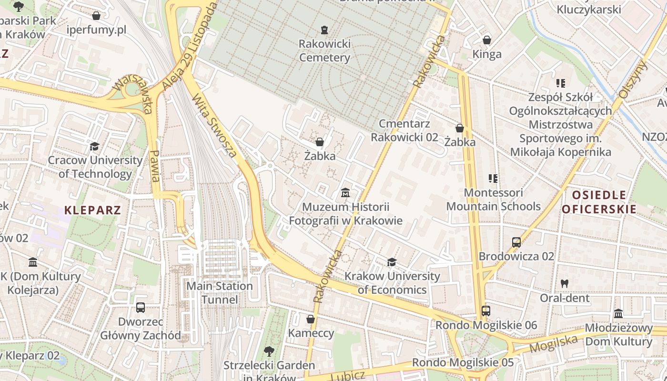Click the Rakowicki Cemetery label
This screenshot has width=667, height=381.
324,50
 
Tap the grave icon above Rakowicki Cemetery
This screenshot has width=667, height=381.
324,30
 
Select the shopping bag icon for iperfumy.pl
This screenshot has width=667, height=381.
96,16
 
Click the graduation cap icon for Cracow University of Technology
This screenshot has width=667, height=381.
94,146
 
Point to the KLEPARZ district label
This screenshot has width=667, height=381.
92,210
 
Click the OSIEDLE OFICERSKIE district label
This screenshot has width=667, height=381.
599,201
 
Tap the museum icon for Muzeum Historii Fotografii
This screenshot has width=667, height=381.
345,193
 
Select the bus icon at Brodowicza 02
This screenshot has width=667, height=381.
516,242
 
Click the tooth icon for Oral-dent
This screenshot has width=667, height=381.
565,283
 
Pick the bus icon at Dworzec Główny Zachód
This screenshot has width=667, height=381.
140,308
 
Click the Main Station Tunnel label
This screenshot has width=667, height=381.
220,292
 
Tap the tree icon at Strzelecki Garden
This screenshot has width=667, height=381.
269,351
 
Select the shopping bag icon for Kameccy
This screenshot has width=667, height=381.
311,319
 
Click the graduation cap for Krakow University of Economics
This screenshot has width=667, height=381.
392,262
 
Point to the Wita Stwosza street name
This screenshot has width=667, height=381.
214,126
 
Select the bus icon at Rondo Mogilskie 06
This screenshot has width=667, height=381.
485,311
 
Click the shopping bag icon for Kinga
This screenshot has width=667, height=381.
487,40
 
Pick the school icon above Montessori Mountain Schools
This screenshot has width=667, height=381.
493,179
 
